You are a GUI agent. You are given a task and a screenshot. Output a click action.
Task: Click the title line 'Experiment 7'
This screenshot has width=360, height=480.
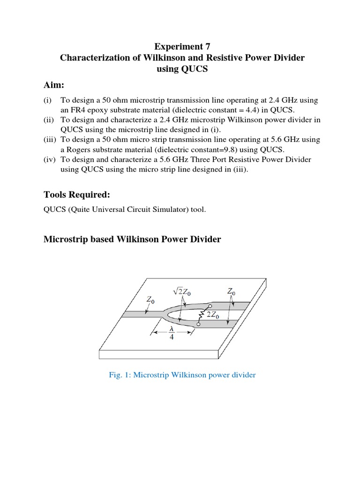click(x=182, y=46)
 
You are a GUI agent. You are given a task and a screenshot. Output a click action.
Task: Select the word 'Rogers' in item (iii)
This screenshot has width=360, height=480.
click(x=79, y=150)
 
